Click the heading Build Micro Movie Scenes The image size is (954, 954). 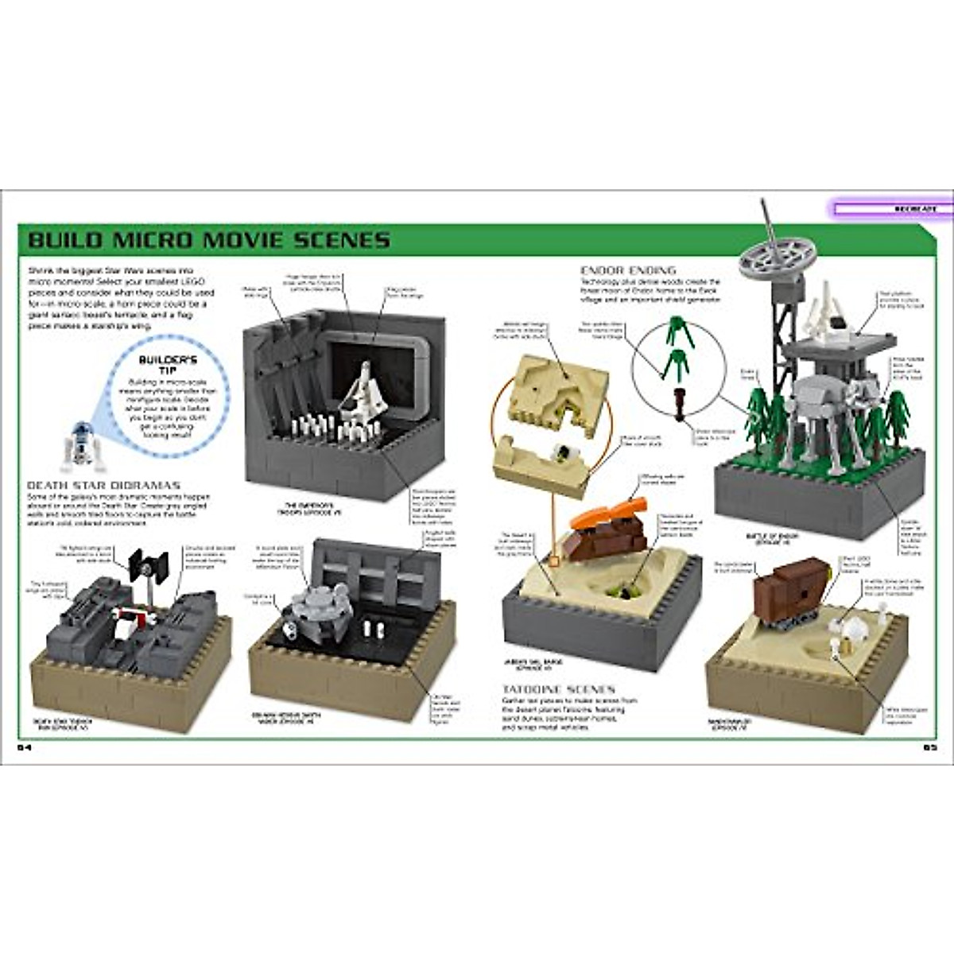(208, 239)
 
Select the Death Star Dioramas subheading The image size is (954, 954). (104, 484)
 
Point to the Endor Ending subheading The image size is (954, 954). (628, 270)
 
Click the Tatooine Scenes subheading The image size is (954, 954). (557, 689)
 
